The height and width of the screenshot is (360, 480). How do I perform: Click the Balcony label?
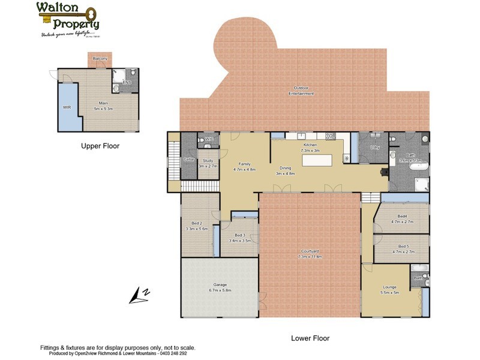pyautogui.click(x=101, y=58)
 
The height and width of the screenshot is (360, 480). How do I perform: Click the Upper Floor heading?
pyautogui.click(x=100, y=146)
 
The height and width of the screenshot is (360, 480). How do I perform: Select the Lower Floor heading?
pyautogui.click(x=310, y=338)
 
